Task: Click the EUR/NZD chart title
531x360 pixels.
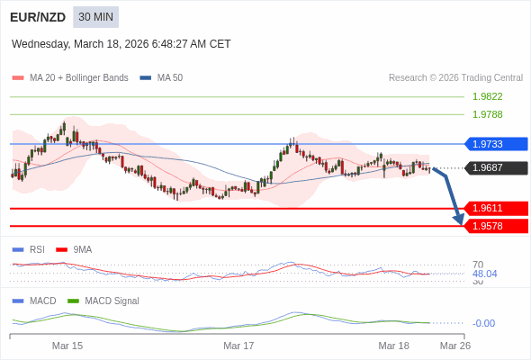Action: (37, 17)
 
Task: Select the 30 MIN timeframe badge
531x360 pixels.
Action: (95, 17)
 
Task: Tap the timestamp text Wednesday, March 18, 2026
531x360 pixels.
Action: (121, 44)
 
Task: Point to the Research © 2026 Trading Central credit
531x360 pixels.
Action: (455, 78)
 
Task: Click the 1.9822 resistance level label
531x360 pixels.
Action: (487, 97)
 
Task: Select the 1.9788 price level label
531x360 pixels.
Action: (487, 115)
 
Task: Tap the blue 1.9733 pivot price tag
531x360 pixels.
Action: (495, 144)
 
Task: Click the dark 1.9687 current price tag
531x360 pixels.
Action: (495, 167)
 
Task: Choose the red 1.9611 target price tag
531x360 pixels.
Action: (495, 208)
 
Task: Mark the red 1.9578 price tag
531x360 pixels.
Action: (495, 226)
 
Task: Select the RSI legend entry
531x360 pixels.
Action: (37, 250)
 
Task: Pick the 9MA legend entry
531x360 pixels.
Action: (82, 250)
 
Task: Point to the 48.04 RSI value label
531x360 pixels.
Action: (484, 274)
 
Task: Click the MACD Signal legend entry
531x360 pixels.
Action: (112, 301)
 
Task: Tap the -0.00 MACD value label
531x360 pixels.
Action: (483, 323)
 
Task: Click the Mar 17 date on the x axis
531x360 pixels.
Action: (238, 346)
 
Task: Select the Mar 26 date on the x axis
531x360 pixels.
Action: (454, 346)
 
